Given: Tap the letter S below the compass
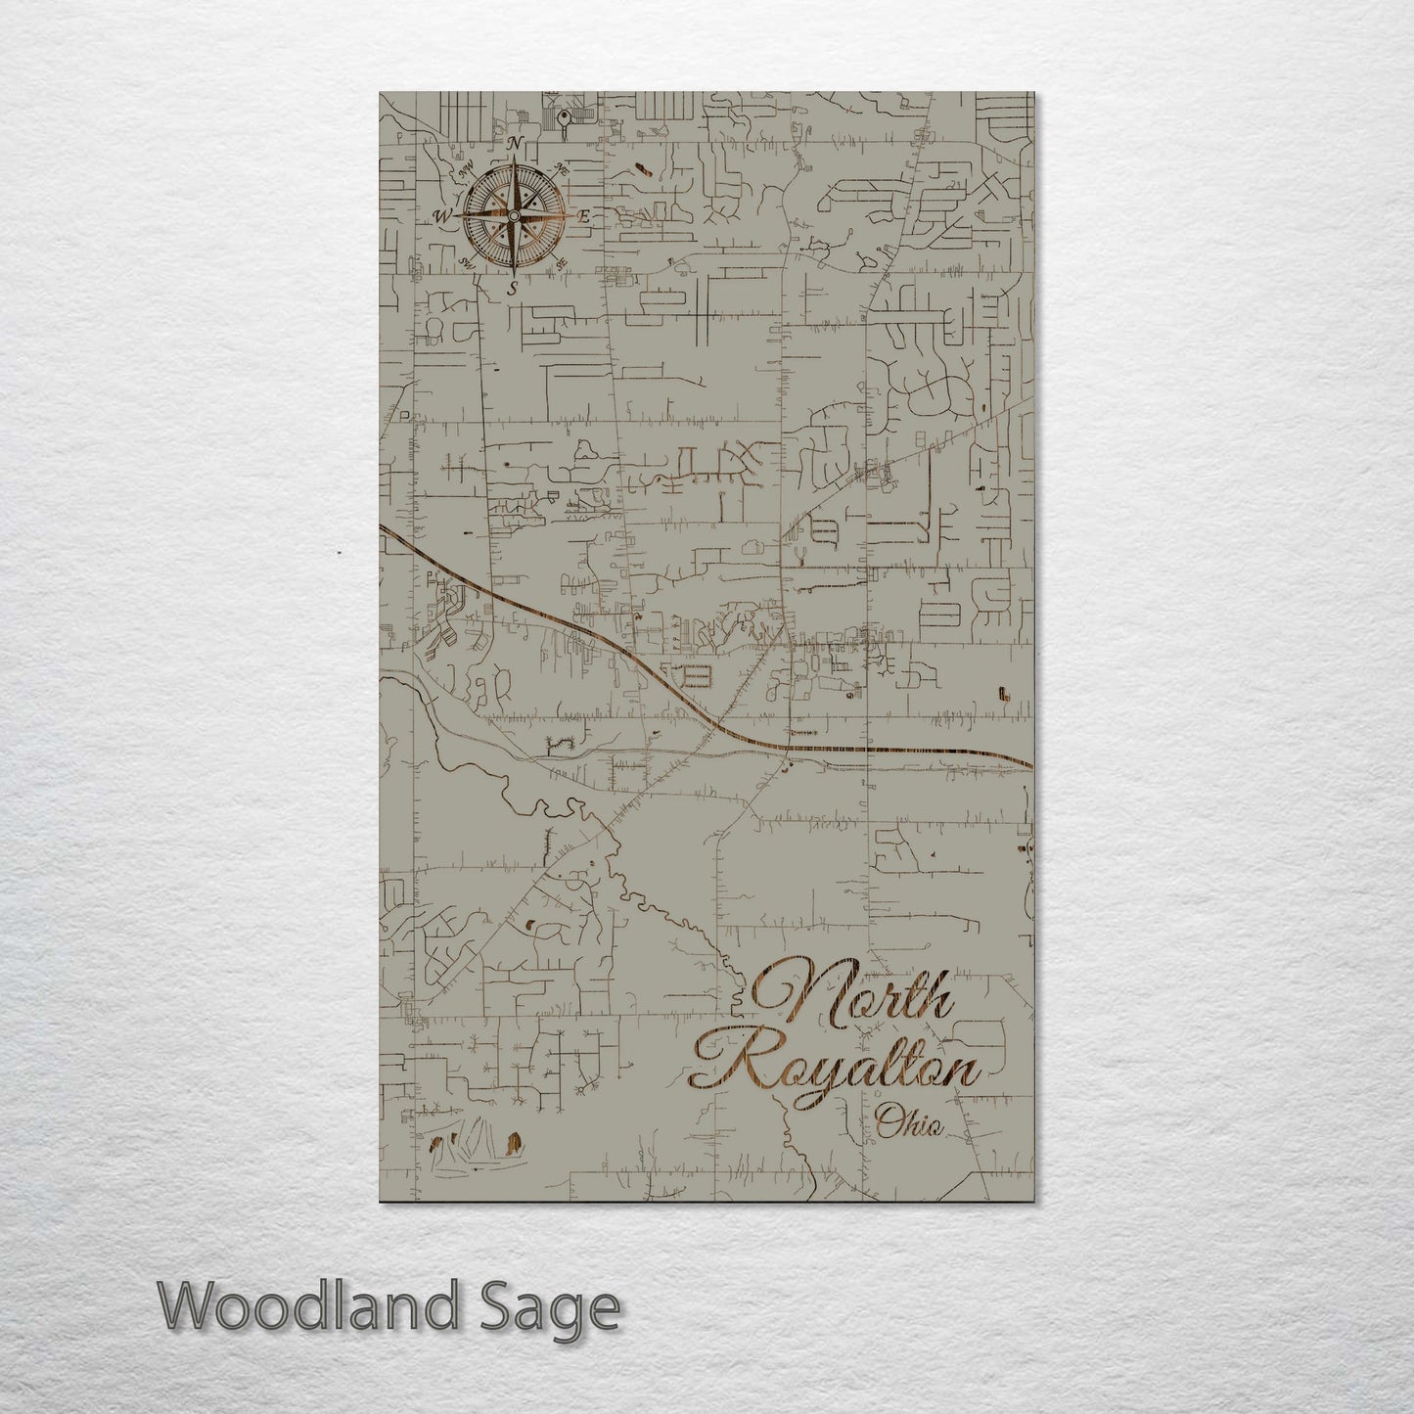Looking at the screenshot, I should pyautogui.click(x=512, y=289).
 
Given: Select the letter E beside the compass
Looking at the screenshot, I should pyautogui.click(x=584, y=218).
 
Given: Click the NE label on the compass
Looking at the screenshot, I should pyautogui.click(x=562, y=168).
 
